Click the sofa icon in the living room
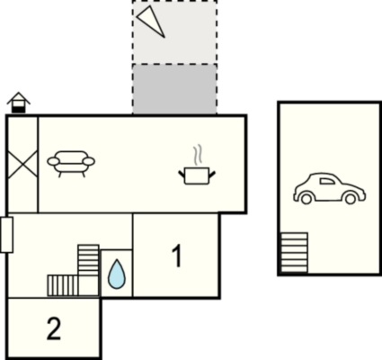pos(71,164)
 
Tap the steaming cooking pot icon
pos(197,175)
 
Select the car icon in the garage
pos(329,188)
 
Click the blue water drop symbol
pos(117,274)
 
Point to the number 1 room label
pos(177,256)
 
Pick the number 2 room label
pos(54,328)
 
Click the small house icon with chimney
pos(19,103)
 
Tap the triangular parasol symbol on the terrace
pos(151,22)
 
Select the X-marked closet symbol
pos(22,164)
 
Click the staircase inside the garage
pos(294,253)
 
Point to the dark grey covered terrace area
pos(174,89)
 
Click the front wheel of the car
pos(351,198)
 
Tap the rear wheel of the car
pos(306,198)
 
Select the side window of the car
pos(327,181)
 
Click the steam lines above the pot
pos(197,155)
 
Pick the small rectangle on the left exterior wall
pos(6,235)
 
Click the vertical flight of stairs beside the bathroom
pos(88,260)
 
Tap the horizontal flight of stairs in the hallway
pos(63,285)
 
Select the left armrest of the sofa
pos(53,161)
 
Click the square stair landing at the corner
pos(89,285)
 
